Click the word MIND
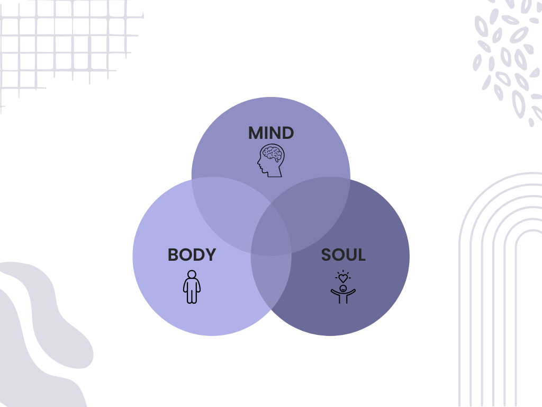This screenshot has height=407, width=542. (x=270, y=133)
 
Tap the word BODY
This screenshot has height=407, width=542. (x=192, y=255)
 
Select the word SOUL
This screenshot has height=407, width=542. (x=343, y=255)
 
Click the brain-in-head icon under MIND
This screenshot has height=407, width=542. (x=271, y=161)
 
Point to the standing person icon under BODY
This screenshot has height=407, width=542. (x=192, y=287)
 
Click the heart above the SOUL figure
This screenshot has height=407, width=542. (x=343, y=278)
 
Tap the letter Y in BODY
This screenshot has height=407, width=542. (x=211, y=255)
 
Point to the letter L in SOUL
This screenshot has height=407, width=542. (x=360, y=255)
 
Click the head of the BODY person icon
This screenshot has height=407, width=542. (x=192, y=275)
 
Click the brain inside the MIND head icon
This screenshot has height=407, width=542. (x=273, y=154)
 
